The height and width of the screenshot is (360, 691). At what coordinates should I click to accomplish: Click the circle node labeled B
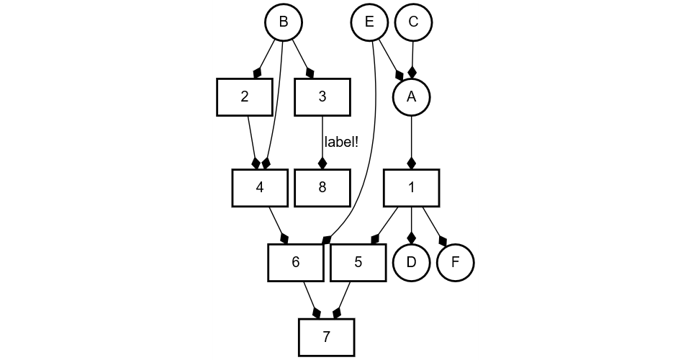[284, 22]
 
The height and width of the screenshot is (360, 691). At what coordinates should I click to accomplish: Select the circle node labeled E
[369, 22]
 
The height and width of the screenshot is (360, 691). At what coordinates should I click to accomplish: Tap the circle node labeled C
[413, 22]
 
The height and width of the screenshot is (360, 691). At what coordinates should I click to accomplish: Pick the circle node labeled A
[411, 97]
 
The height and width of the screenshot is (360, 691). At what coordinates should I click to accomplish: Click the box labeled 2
[245, 97]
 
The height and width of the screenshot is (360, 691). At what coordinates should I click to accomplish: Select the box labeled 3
[322, 97]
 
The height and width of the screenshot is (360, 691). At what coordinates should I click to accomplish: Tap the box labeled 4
[260, 188]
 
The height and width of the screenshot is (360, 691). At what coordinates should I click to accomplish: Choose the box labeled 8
[322, 188]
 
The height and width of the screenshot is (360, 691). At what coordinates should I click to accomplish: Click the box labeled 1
[411, 188]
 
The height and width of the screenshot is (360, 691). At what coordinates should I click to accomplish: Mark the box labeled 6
[295, 263]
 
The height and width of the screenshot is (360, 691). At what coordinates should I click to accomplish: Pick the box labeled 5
[358, 263]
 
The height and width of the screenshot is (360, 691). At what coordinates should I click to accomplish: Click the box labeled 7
[326, 337]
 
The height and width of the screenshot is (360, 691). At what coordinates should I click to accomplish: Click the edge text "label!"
[341, 143]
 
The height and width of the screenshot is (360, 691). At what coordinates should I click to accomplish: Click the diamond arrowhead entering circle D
[411, 237]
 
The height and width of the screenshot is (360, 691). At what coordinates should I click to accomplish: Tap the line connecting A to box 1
[411, 137]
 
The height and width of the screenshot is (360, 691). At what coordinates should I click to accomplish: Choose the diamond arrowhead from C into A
[412, 71]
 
